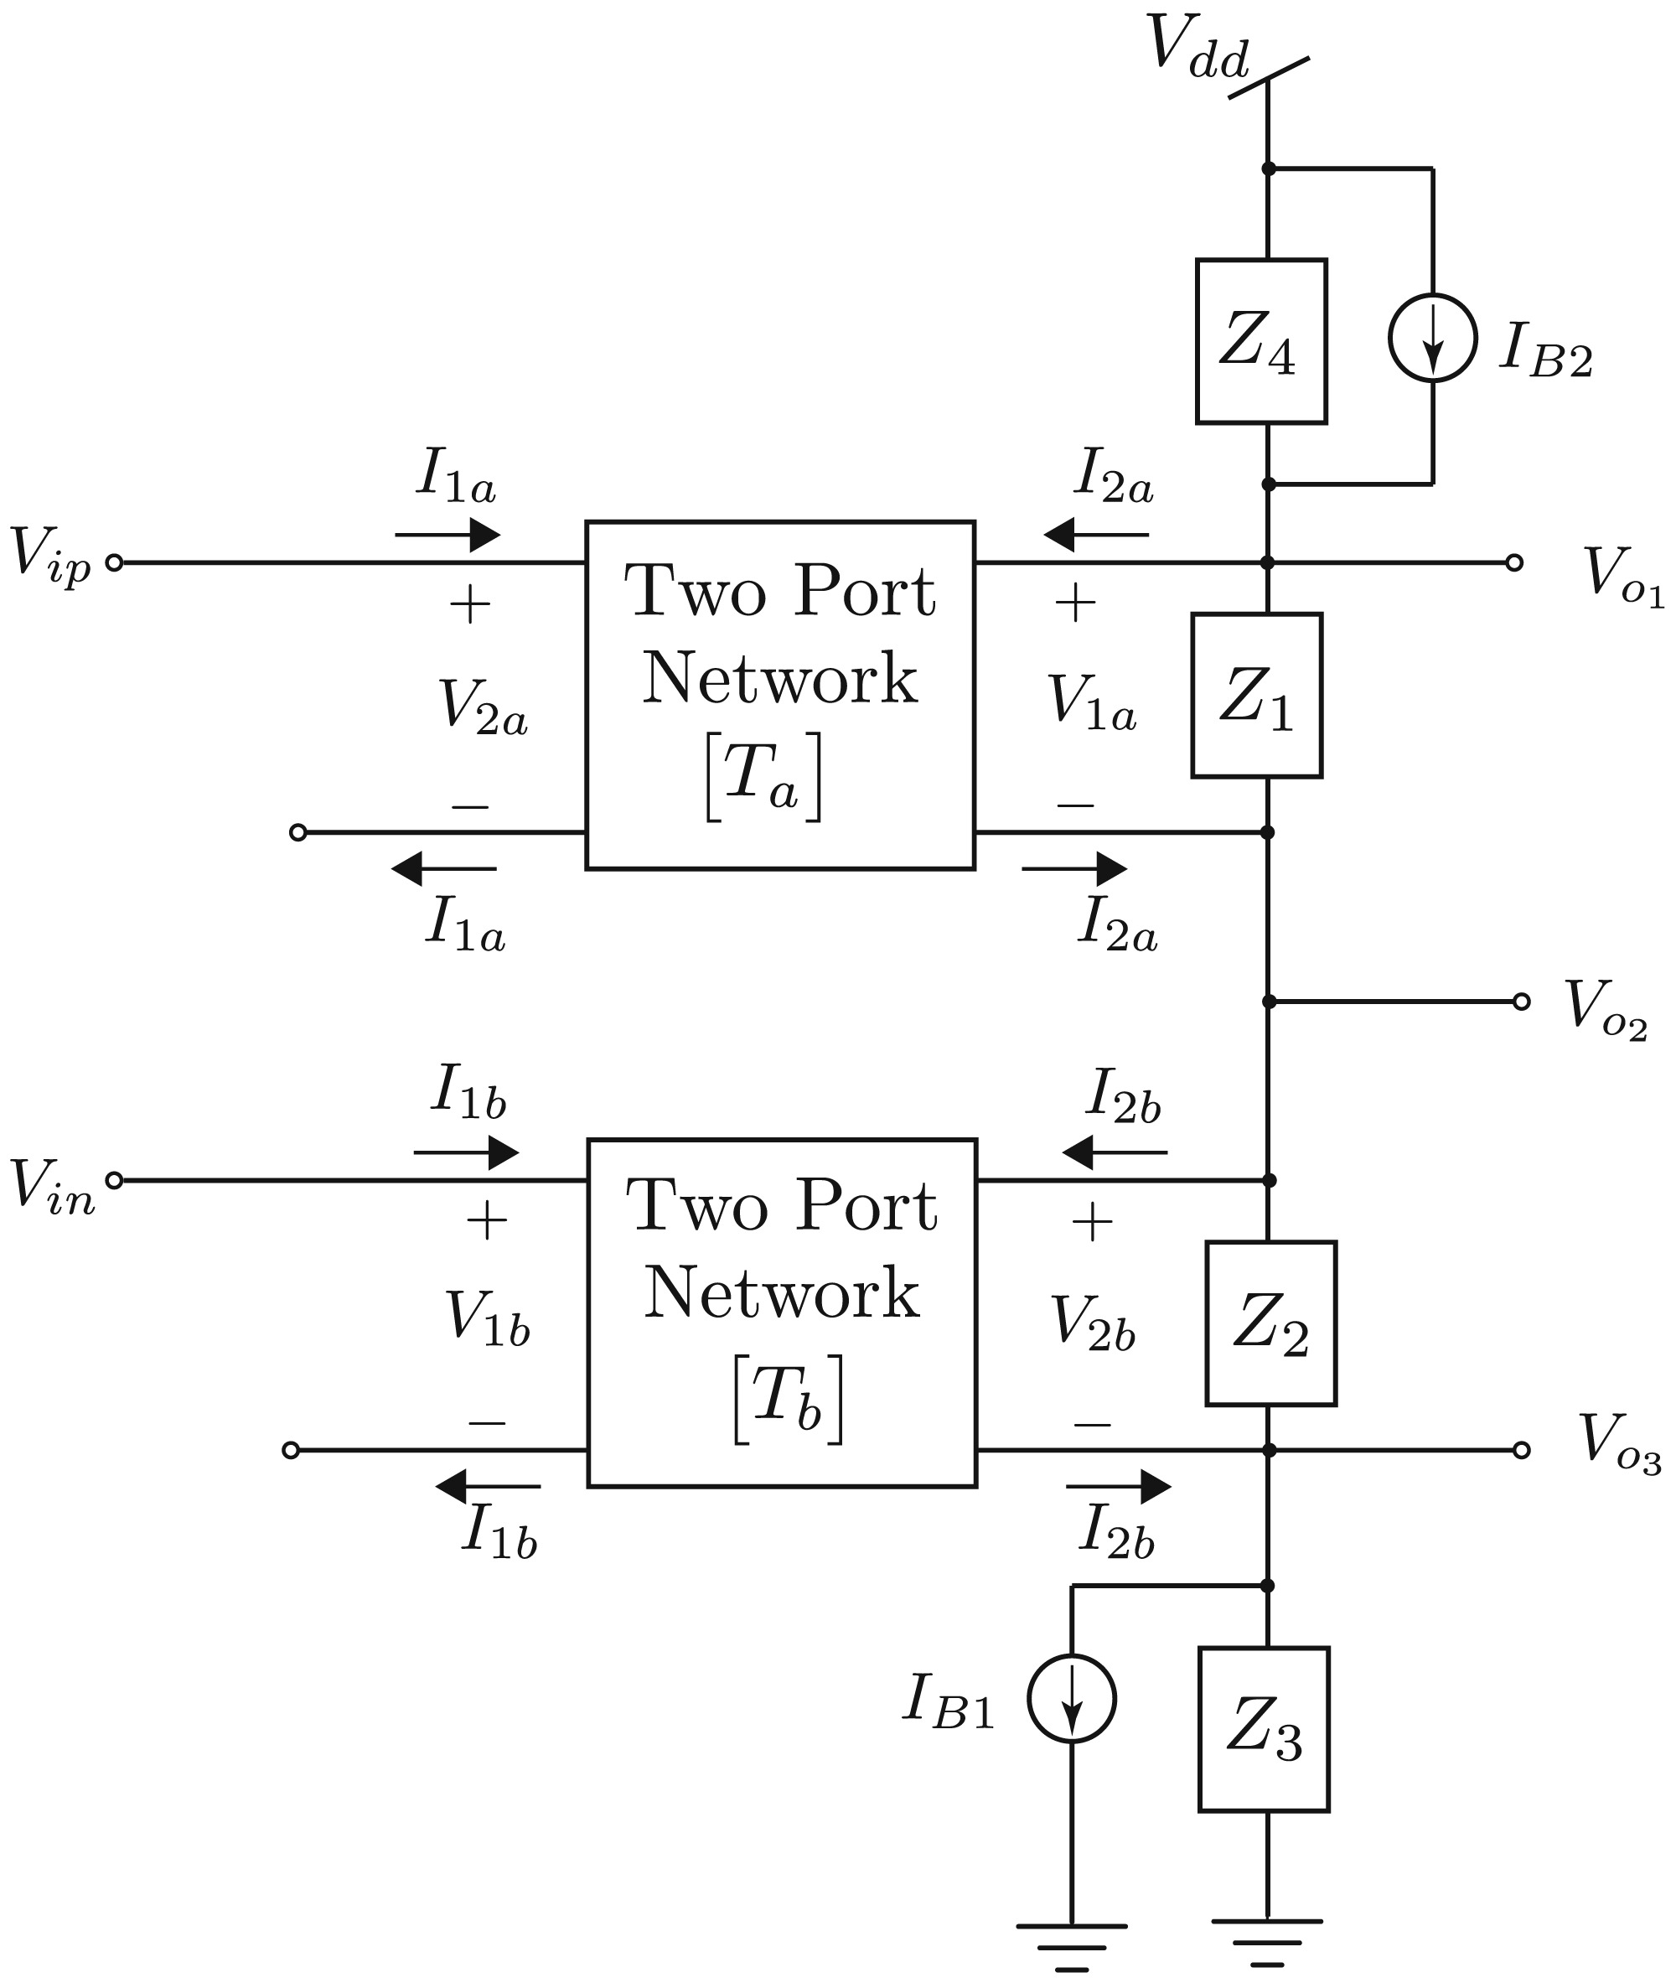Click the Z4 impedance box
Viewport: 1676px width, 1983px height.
pyautogui.click(x=1261, y=341)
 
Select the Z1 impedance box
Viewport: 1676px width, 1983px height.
pyautogui.click(x=1257, y=696)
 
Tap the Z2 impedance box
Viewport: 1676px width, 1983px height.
pyautogui.click(x=1270, y=1323)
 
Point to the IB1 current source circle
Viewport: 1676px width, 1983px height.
pyautogui.click(x=1072, y=1699)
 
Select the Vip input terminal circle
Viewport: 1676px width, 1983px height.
pyautogui.click(x=114, y=562)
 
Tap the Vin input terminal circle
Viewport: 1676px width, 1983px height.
pyautogui.click(x=114, y=1180)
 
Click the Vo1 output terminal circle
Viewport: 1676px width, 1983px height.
pyautogui.click(x=1514, y=562)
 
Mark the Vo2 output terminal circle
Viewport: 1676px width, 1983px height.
pyautogui.click(x=1521, y=1002)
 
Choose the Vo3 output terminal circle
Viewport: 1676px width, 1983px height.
pyautogui.click(x=1521, y=1450)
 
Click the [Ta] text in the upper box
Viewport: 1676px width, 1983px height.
pyautogui.click(x=763, y=776)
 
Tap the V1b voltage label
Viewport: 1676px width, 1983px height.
pyautogui.click(x=486, y=1319)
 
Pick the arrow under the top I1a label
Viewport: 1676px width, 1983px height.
pyautogui.click(x=447, y=535)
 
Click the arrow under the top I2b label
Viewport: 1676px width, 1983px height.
pyautogui.click(x=1115, y=1153)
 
